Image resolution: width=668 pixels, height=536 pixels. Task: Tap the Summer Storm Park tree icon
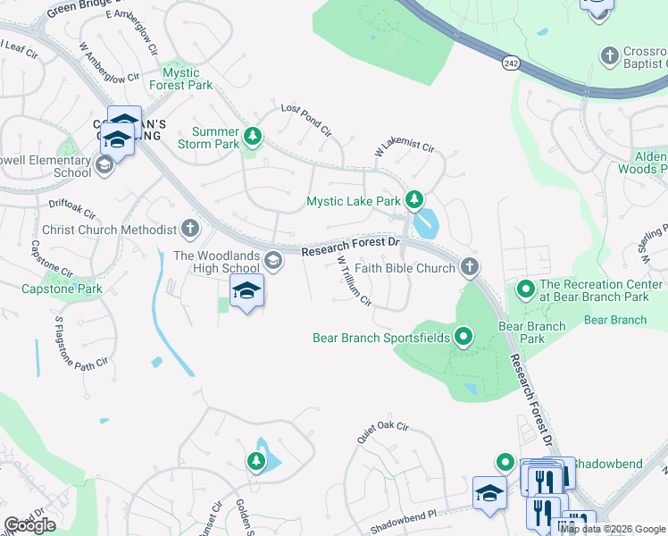coord(254,136)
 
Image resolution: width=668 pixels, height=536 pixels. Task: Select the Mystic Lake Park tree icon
coord(413,199)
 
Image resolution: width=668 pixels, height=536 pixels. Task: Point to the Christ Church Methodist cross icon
coord(190,229)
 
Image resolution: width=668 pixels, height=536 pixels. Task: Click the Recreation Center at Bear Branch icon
coord(525,289)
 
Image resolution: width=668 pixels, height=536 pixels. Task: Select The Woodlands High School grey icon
coord(273,262)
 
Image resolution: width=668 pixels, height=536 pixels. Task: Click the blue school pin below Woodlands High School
coord(246,290)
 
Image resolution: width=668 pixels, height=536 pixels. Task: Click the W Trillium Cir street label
coord(354,281)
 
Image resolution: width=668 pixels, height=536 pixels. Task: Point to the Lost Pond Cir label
coord(306,120)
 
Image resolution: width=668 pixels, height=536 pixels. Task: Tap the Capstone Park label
coord(62,289)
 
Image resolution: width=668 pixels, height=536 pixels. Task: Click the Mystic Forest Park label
coord(188,79)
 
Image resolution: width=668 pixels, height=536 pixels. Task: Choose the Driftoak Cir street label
coord(71,210)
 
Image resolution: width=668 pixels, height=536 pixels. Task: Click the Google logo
coord(29,525)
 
